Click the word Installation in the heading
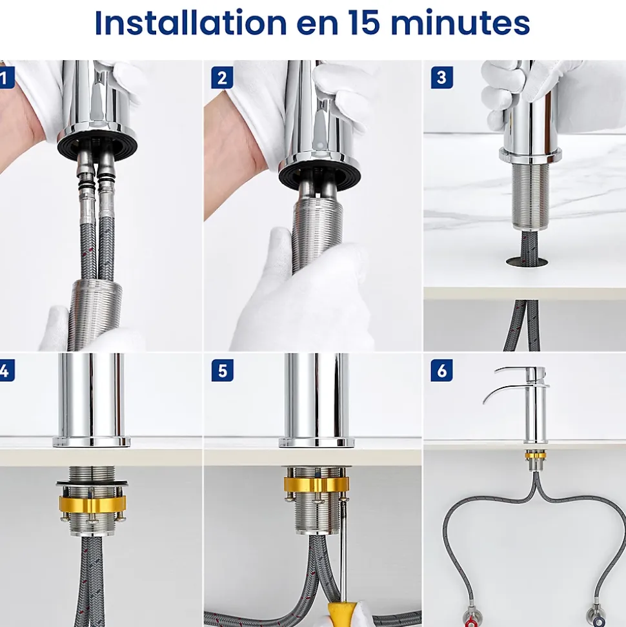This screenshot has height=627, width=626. pyautogui.click(x=190, y=23)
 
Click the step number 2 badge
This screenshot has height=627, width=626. pyautogui.click(x=222, y=77)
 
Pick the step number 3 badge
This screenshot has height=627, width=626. pyautogui.click(x=441, y=77)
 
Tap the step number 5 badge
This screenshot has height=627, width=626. pyautogui.click(x=222, y=370)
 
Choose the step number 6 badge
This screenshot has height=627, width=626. pyautogui.click(x=441, y=370)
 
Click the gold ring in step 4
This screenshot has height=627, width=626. pyautogui.click(x=92, y=504)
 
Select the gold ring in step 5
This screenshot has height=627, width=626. pyautogui.click(x=316, y=484)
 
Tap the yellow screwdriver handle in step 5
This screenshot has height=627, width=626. pyautogui.click(x=341, y=615)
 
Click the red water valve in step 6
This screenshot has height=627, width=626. pyautogui.click(x=471, y=618)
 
